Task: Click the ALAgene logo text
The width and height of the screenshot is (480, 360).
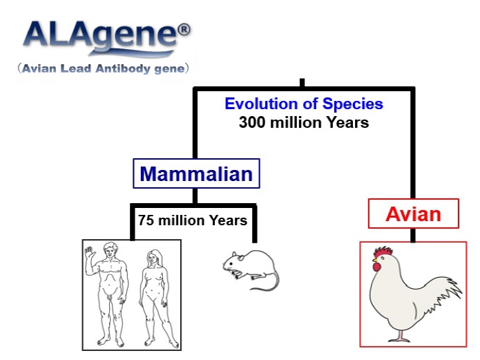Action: click(101, 36)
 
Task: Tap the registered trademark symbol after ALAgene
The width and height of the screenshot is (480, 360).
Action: click(184, 30)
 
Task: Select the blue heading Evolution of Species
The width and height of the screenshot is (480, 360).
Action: click(304, 104)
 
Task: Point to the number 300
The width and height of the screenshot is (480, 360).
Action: click(252, 122)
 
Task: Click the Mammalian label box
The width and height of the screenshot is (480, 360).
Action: click(196, 173)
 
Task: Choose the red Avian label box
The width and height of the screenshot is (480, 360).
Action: click(413, 214)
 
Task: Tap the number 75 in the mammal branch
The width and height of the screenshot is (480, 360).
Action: click(146, 220)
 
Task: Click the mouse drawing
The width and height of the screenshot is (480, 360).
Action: click(251, 269)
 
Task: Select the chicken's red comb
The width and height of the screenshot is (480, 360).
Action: click(383, 252)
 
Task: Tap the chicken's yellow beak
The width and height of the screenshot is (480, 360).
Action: click(375, 260)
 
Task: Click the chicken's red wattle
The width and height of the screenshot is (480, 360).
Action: click(376, 267)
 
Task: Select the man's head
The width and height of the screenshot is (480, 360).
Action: click(111, 251)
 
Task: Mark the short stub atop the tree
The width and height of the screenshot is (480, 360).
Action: click(302, 83)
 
